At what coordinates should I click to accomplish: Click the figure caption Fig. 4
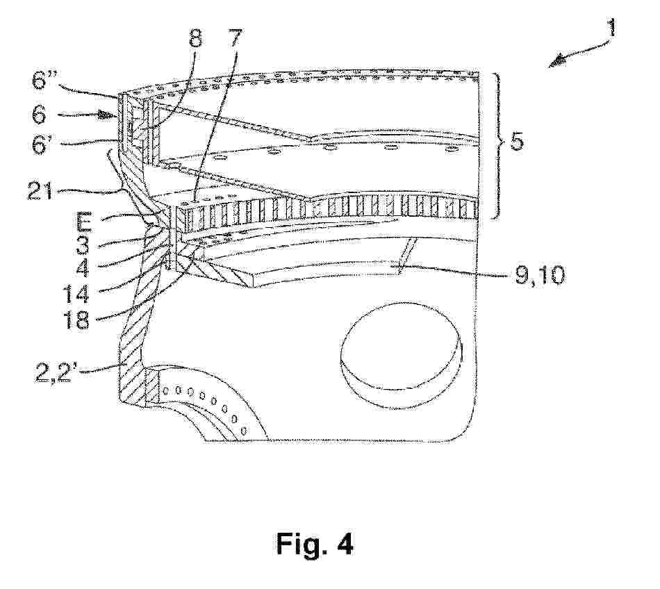315,543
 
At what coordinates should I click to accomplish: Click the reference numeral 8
195,39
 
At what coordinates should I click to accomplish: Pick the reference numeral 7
235,38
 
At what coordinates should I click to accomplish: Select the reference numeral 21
41,192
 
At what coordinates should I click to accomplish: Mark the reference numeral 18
76,320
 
